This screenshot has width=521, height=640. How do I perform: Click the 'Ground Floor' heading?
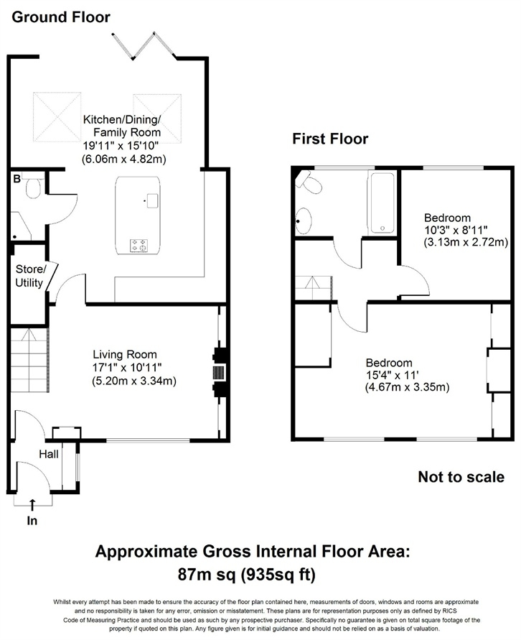pos(60,16)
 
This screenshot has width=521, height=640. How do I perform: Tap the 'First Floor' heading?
pos(329,139)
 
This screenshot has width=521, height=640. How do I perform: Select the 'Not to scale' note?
pos(461,477)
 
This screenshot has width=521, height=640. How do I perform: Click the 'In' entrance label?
pos(32,521)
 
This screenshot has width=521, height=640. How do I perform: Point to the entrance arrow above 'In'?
pos(32,506)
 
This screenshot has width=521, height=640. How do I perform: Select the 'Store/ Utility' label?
pos(30,276)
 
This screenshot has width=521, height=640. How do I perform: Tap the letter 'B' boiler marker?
pos(16,179)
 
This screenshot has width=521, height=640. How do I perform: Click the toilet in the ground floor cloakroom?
pos(32,188)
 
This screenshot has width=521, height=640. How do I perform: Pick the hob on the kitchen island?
pos(139,245)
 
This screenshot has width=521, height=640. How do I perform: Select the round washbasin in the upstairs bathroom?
pos(304,221)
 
